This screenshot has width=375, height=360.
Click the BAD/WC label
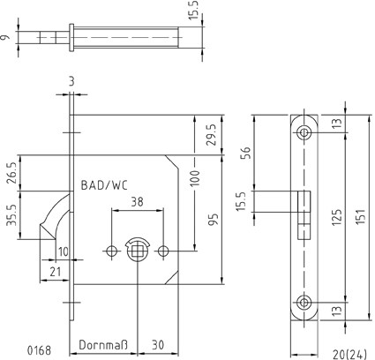[104, 185]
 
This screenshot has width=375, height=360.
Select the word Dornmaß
[103, 345]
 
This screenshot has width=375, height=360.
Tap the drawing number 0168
[39, 350]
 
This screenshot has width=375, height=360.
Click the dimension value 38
[137, 202]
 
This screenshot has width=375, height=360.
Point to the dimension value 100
[195, 178]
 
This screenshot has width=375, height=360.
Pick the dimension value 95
[214, 220]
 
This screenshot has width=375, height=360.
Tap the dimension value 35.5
[11, 215]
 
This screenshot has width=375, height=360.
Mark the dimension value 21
[55, 272]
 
